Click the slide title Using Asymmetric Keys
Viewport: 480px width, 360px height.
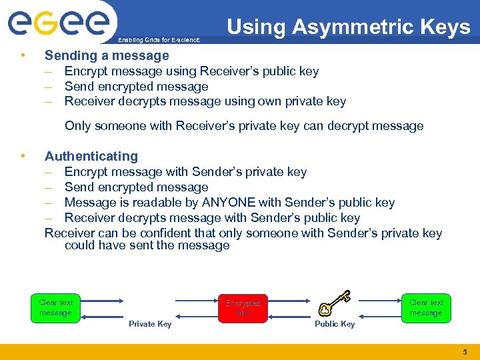coord(348,27)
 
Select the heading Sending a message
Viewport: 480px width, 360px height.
coord(107,55)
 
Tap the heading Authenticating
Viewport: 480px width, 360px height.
coord(91,156)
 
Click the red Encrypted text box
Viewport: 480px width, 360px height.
coord(243,307)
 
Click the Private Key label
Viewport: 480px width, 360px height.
coord(150,324)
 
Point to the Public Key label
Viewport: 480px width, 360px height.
coord(335,324)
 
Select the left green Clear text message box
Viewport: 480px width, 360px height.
coord(55,307)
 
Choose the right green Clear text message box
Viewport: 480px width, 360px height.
coord(426,307)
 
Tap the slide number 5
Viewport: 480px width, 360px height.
coord(465,351)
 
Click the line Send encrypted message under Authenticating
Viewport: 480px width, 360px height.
coord(136,187)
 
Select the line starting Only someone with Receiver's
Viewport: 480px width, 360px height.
coord(243,126)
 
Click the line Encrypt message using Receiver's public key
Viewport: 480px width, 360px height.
coord(191,71)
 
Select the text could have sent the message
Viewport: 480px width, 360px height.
coord(147,245)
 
